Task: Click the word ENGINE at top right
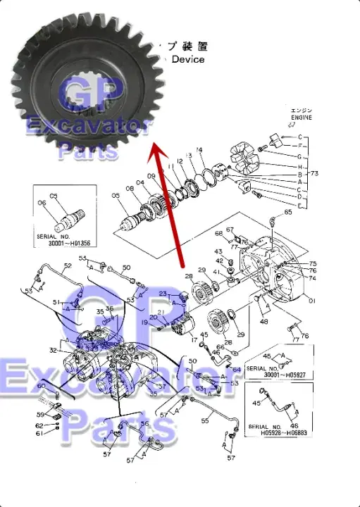click(x=301, y=118)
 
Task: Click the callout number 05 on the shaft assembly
click(x=116, y=195)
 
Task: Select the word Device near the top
click(x=188, y=60)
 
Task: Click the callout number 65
click(x=287, y=211)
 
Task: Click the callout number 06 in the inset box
click(x=41, y=203)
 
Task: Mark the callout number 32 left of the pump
click(x=53, y=350)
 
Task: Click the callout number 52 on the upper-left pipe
click(x=68, y=266)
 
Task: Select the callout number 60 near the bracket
click(x=41, y=387)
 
